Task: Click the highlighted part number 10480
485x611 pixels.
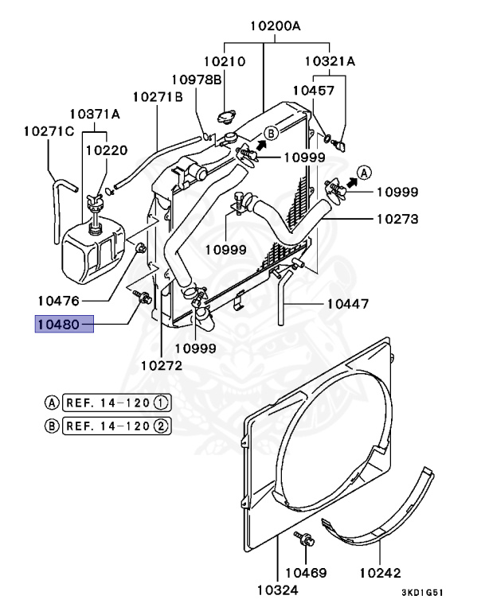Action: (x=58, y=325)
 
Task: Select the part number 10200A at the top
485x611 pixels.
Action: (x=276, y=26)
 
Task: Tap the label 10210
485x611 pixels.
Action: (x=225, y=61)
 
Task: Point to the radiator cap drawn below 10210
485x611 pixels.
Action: (x=227, y=116)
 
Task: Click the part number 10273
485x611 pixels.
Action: (x=397, y=219)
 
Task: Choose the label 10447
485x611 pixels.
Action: (x=348, y=304)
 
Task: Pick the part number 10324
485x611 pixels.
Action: (x=277, y=590)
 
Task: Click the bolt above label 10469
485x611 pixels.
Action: (x=304, y=539)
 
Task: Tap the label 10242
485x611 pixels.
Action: (x=380, y=573)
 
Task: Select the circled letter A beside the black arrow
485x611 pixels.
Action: (x=365, y=172)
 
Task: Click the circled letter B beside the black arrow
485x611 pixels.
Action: (x=271, y=134)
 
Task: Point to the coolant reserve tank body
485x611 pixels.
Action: (x=94, y=251)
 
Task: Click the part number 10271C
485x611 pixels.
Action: (x=49, y=131)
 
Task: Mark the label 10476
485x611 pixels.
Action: (x=58, y=301)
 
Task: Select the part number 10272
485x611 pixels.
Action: (x=161, y=365)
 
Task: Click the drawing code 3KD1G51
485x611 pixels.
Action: (x=423, y=593)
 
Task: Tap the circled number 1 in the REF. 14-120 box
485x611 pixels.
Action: (x=161, y=403)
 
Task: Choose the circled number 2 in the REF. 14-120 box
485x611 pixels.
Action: (x=161, y=426)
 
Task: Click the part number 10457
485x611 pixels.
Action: (x=314, y=91)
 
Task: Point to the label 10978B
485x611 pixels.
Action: (x=197, y=80)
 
